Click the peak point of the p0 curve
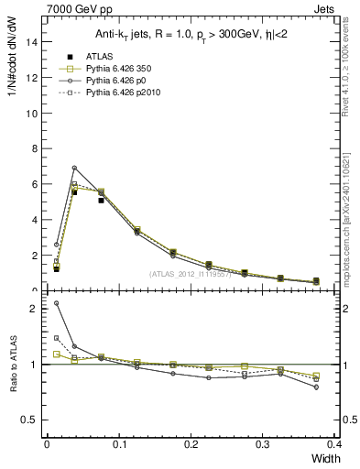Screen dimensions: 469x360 74,168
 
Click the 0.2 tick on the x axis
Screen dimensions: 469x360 191,443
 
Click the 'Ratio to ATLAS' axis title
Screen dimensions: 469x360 11,385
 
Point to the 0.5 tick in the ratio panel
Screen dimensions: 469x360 30,420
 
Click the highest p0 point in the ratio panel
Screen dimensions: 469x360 57,303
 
